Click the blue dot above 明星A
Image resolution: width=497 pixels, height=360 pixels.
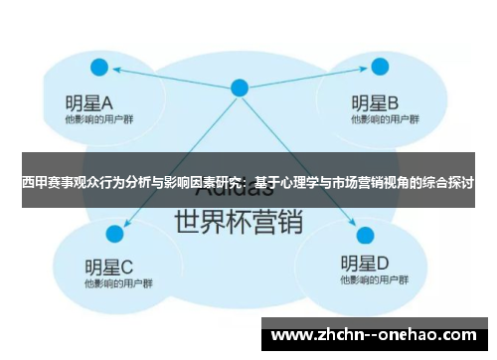click(x=98, y=68)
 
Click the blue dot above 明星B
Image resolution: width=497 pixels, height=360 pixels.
click(x=377, y=68)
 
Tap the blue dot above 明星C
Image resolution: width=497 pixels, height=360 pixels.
click(x=114, y=234)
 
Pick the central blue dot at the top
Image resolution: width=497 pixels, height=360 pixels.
click(x=239, y=88)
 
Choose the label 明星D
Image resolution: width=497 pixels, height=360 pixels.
click(x=365, y=265)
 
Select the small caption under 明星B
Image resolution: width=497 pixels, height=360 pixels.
click(x=377, y=119)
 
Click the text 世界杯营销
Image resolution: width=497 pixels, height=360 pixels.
click(x=238, y=220)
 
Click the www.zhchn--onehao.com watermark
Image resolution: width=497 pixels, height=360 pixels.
click(x=377, y=335)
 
